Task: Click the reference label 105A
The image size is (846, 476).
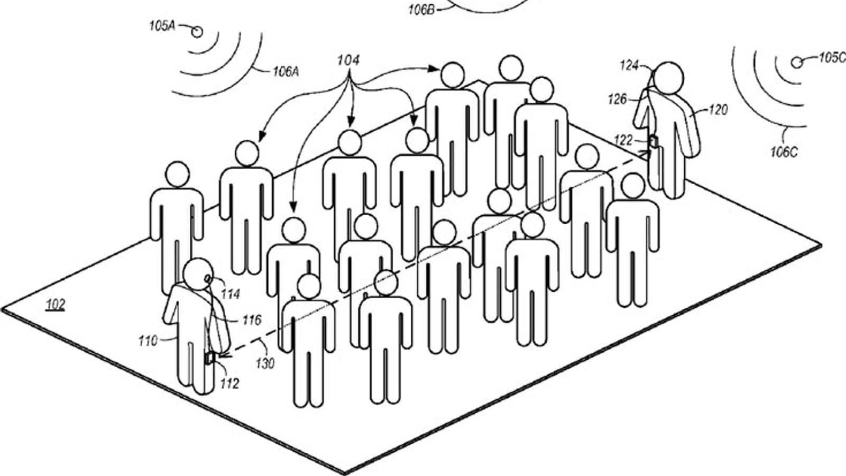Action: click(162, 25)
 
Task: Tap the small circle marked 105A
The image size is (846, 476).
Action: click(197, 32)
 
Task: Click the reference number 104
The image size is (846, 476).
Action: click(348, 61)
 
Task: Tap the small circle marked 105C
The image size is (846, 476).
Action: click(796, 62)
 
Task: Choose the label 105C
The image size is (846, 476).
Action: click(832, 58)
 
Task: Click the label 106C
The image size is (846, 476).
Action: click(784, 152)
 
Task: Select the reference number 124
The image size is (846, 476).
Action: click(629, 66)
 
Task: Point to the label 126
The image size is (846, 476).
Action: click(617, 99)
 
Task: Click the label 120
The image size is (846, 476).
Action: click(719, 110)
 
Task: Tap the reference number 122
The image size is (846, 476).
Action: click(623, 140)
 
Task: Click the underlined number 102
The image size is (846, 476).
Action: click(56, 305)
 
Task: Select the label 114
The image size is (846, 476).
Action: click(230, 294)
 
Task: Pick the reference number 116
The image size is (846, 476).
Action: click(252, 320)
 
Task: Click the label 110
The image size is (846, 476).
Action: click(148, 341)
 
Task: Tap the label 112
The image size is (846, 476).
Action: click(229, 383)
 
